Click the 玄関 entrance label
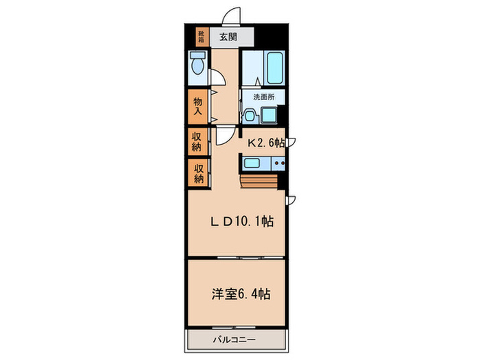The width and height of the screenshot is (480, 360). pos(228,37)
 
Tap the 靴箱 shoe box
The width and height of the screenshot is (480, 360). pos(202,37)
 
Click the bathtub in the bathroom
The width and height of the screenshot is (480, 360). pos(274,68)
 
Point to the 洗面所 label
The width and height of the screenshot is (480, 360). pos(264,97)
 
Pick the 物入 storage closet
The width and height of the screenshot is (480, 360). pos(197,106)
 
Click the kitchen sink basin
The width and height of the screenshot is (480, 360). pos(252,163)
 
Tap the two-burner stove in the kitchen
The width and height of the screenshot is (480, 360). pos(278,163)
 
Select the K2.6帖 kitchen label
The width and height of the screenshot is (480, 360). pos(266,143)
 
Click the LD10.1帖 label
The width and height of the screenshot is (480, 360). pos(242,221)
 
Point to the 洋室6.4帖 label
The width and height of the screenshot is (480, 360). pos(241,294)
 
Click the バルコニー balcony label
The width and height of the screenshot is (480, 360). pos(235,339)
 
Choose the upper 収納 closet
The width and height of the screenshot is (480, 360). pos(197,141)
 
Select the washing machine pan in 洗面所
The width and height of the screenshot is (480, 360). pos(269,115)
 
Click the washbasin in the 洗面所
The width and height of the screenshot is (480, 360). pos(250,116)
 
